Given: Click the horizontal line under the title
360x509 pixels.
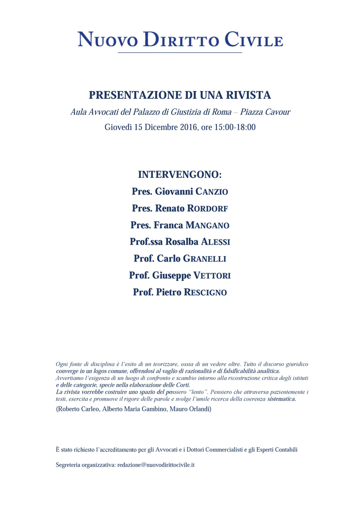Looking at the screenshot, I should coord(179,52).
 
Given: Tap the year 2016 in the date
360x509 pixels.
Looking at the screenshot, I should coord(186,127).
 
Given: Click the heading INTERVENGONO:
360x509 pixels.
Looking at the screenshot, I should coord(179,174).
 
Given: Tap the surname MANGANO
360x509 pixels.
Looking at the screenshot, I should coord(207,226).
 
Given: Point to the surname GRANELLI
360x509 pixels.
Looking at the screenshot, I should coord(205,259).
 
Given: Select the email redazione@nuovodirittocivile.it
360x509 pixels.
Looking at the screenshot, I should coord(155,465).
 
